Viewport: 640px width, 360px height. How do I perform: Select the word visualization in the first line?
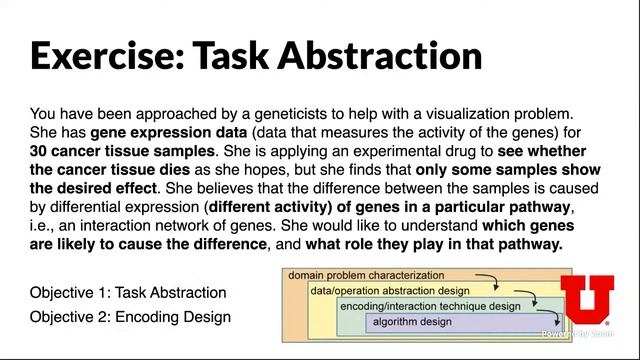pos(466,113)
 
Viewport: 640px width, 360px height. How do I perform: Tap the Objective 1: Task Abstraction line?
pos(128,293)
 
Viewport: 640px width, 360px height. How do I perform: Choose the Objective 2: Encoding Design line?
pos(130,317)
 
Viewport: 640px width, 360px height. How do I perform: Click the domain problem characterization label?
pos(365,275)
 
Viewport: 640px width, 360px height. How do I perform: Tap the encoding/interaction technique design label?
pos(429,306)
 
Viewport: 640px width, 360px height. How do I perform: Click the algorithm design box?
pos(411,322)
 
